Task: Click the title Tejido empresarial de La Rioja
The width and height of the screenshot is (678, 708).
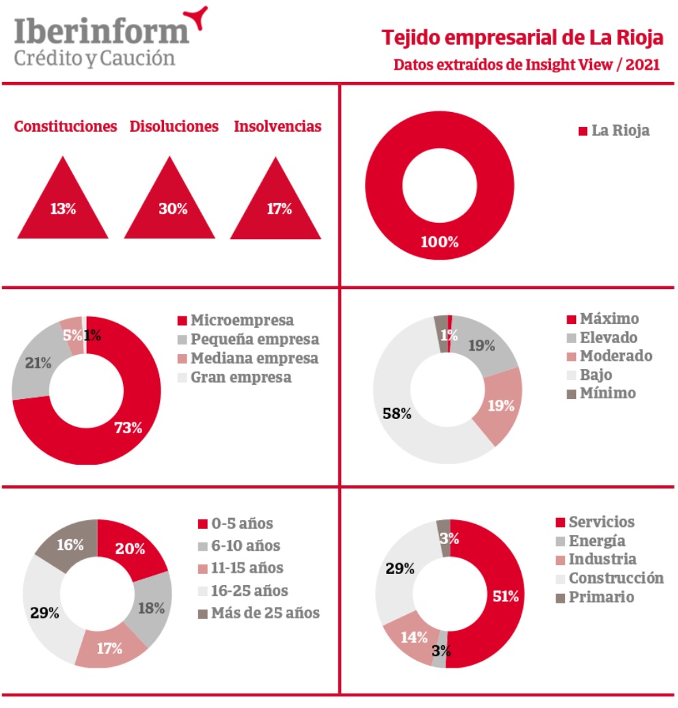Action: coord(522,38)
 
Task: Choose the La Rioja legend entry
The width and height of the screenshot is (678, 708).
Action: coord(613,131)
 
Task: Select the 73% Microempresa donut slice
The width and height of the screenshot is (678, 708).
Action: coord(128,428)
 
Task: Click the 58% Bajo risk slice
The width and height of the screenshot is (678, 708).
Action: coord(397,413)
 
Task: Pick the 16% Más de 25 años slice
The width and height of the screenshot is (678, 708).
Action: coord(70,545)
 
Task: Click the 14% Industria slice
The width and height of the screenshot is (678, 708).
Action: coord(413,637)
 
